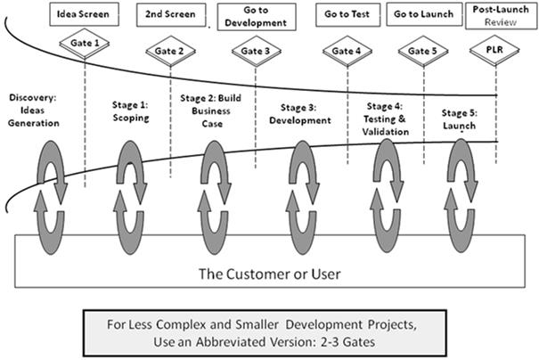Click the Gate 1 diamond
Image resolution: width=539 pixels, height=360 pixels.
point(85,44)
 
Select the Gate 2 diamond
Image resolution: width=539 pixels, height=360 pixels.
point(171,52)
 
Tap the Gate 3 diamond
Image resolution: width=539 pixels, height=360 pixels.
point(257,52)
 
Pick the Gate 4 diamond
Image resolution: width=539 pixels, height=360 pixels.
point(347,52)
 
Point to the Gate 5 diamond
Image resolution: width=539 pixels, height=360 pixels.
point(423,52)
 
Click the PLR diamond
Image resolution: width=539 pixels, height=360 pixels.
point(494,50)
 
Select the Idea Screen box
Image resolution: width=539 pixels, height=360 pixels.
point(85,14)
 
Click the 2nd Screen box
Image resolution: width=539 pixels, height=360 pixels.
point(171,15)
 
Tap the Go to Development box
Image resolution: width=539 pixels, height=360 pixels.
point(257,17)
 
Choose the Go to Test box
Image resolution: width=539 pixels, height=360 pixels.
point(348,15)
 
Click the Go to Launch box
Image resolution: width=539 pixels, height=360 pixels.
point(424,14)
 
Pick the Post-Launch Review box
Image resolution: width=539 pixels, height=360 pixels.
point(502,16)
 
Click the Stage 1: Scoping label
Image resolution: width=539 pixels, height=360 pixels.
point(131,111)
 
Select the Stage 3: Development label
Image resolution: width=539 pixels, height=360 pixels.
point(300,114)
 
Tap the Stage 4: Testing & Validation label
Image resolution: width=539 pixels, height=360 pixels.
point(386,119)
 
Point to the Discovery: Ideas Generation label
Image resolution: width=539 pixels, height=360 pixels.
point(33,110)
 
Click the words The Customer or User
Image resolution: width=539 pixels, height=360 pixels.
point(270,274)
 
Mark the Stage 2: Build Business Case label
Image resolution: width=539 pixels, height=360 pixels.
point(211,110)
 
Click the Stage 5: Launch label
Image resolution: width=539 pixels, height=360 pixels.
point(459,119)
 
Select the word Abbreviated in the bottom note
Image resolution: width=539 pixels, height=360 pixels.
point(232,342)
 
